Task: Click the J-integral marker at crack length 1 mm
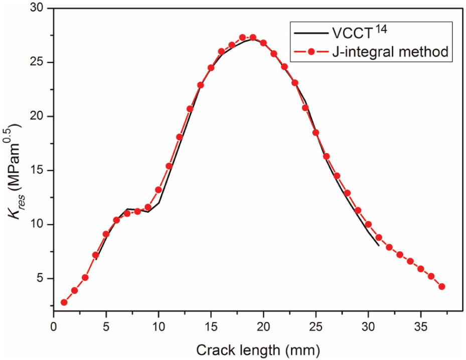click(64, 302)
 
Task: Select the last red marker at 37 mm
click(441, 287)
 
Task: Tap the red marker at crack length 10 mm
click(159, 190)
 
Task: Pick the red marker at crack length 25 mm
click(316, 133)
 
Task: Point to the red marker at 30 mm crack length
click(368, 224)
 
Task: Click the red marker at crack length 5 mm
click(106, 234)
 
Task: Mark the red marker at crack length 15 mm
click(211, 68)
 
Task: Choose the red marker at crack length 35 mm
click(421, 269)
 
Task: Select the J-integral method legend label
click(390, 52)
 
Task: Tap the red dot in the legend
click(311, 52)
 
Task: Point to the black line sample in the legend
click(311, 33)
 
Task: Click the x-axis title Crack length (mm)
click(258, 350)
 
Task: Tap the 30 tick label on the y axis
click(37, 8)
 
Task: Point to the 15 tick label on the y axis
click(37, 171)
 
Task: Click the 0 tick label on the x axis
click(54, 327)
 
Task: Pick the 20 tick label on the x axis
click(263, 327)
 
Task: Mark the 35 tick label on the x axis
click(421, 327)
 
